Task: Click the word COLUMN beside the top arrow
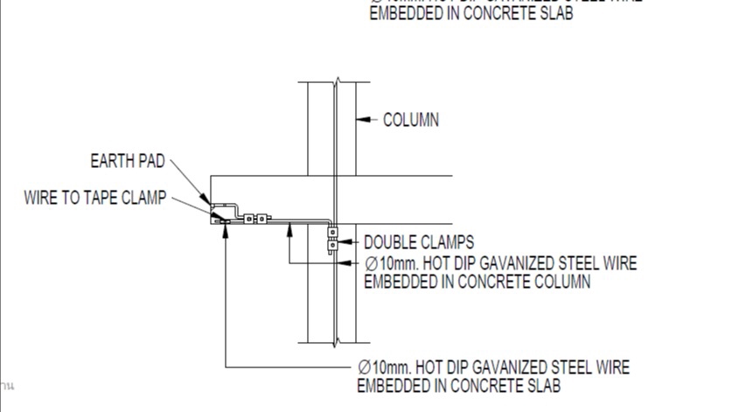[x=411, y=120]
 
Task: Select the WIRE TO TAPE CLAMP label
[x=94, y=198]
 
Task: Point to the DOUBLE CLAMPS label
[x=419, y=242]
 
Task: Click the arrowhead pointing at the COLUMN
[x=363, y=119]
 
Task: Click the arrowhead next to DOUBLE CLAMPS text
[x=345, y=241]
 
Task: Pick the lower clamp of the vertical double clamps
[x=332, y=246]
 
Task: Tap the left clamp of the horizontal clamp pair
[x=248, y=219]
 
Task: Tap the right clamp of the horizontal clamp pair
[x=260, y=219]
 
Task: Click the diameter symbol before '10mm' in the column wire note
[x=371, y=263]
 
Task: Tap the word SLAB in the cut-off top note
[x=554, y=15]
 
